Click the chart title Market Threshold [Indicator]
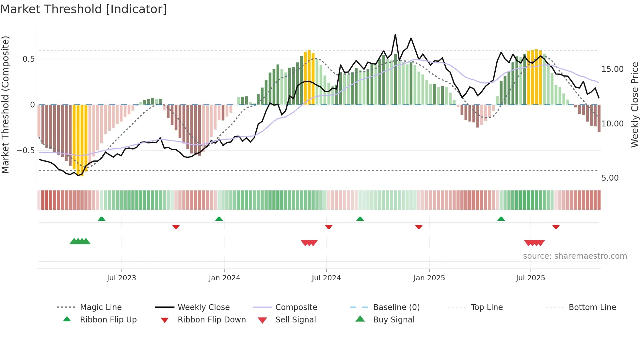click(84, 9)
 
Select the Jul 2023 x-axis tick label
click(121, 278)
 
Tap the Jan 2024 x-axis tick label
click(224, 278)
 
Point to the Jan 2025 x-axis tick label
click(429, 278)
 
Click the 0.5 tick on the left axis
click(28, 59)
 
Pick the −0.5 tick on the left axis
click(26, 151)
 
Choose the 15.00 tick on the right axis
click(612, 69)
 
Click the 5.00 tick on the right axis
click(610, 178)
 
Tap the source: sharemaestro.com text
click(575, 256)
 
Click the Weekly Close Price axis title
click(634, 105)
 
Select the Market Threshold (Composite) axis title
click(5, 105)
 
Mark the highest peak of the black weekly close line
click(395, 34)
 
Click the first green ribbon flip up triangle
click(102, 219)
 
